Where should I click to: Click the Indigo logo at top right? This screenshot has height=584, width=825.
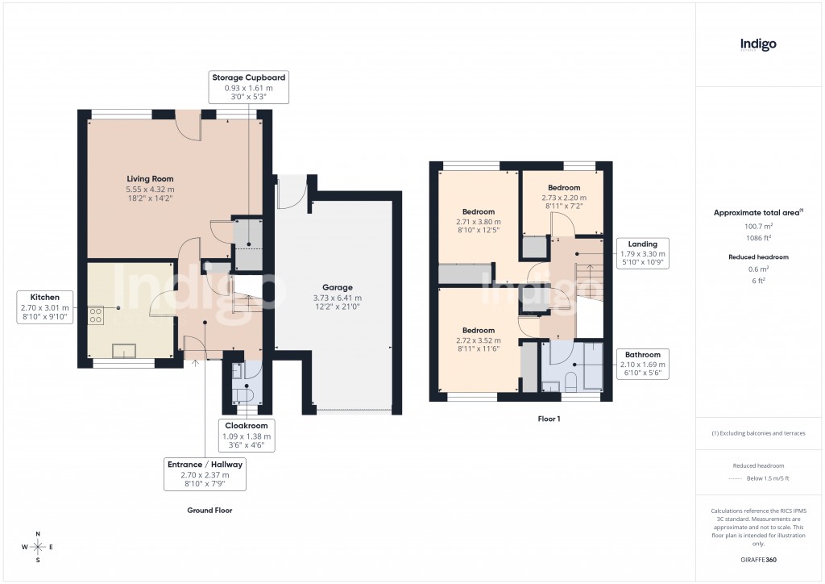(758, 44)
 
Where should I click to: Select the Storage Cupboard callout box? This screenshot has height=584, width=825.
(249, 86)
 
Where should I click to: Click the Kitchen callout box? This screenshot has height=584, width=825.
(46, 307)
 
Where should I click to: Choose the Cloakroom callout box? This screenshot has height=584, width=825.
(247, 436)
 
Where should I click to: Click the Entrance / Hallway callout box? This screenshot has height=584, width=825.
(205, 475)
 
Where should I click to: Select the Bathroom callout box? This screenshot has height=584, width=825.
(642, 364)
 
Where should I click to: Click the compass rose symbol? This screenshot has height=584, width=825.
(37, 547)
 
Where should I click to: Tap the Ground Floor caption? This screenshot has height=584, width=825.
(209, 511)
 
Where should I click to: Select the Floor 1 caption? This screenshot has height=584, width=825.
(549, 419)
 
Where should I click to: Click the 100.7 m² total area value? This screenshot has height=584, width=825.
(758, 227)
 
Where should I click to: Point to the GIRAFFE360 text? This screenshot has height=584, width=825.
(758, 560)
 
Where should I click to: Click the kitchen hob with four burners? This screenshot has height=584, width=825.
(95, 314)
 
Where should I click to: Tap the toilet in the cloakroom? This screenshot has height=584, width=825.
(247, 395)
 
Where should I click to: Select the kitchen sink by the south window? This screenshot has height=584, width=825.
(124, 349)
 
